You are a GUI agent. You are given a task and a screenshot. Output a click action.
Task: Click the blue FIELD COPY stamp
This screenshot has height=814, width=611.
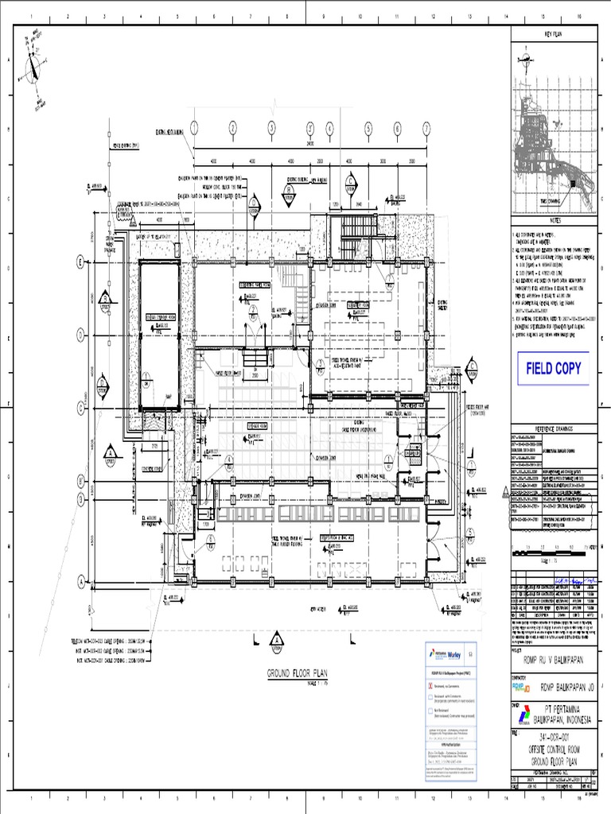click(553, 368)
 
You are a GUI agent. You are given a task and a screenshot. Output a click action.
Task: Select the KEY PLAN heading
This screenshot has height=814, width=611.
click(553, 35)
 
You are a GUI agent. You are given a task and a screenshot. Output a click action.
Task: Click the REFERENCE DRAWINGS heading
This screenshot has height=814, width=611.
click(553, 427)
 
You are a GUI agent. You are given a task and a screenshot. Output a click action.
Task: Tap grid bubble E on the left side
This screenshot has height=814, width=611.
click(80, 260)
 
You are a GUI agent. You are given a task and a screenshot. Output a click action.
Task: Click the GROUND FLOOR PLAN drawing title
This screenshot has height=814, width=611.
click(297, 674)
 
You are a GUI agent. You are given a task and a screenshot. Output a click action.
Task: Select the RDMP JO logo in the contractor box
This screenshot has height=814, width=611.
click(520, 686)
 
